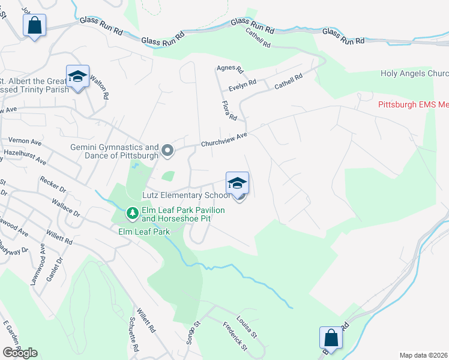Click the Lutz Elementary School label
(186, 196)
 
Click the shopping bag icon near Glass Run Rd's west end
(34, 26)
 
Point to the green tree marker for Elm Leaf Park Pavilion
(132, 212)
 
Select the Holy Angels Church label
(414, 74)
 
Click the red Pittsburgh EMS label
(413, 104)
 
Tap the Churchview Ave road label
(224, 140)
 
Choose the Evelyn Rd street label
(241, 86)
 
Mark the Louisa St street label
(247, 326)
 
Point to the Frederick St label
(235, 337)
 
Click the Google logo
(20, 353)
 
